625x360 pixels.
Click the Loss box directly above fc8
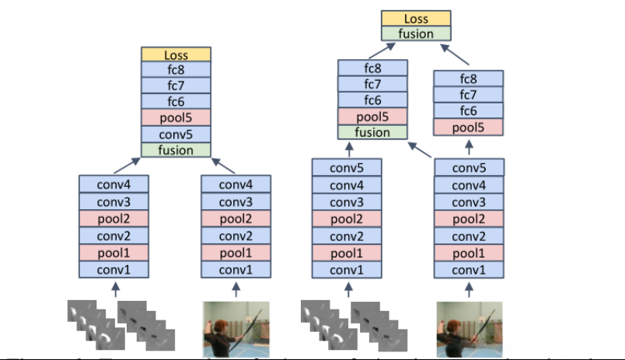tap(176, 54)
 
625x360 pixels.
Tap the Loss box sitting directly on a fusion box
tap(416, 18)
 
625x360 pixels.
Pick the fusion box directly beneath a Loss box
tap(416, 33)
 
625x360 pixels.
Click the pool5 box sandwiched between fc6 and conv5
tap(176, 117)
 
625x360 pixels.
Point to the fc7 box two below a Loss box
tap(176, 86)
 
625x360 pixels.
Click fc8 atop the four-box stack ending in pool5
tap(468, 79)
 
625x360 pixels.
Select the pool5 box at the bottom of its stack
tap(468, 128)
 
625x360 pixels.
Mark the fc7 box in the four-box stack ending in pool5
tap(468, 95)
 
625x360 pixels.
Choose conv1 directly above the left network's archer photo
tap(236, 270)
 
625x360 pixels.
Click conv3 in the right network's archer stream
tap(469, 201)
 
